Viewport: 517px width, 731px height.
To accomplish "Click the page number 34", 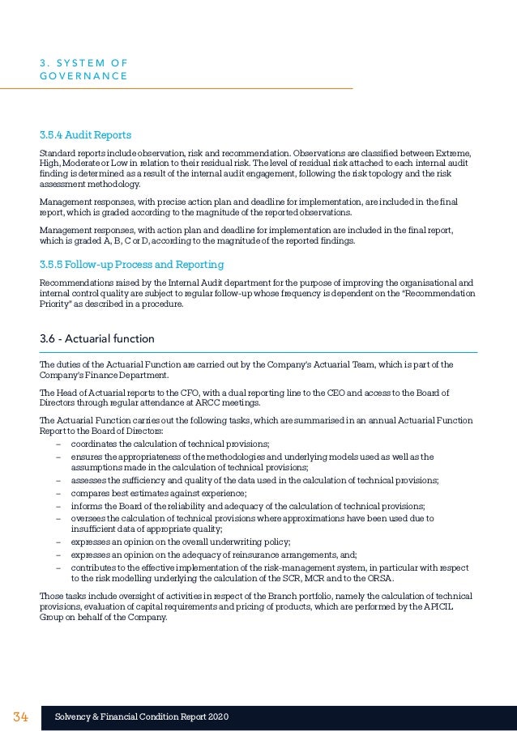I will click(20, 717).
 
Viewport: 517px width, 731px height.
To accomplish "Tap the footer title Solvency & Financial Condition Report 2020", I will click(141, 717).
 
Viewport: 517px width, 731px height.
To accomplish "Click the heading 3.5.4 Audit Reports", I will click(85, 134).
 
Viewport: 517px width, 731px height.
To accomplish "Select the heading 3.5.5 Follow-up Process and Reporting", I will click(132, 265).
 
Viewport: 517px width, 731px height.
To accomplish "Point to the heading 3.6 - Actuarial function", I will click(96, 338).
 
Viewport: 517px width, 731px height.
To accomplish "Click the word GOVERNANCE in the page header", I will click(83, 76).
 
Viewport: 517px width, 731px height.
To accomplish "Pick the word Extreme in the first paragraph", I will click(455, 153).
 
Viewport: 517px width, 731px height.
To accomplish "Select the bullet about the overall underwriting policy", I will click(180, 542).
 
